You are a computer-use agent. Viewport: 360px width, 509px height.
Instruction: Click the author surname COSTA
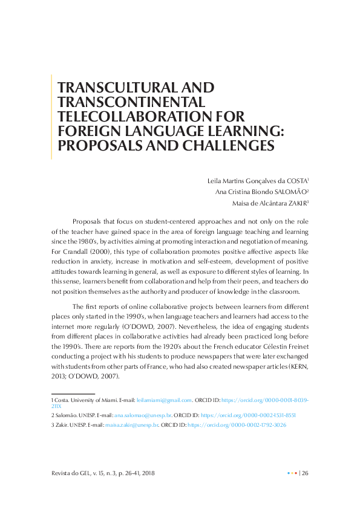click(x=295, y=180)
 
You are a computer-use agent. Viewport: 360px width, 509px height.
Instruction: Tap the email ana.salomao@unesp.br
click(x=143, y=416)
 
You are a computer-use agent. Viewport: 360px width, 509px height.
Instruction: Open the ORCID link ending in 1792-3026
click(x=237, y=426)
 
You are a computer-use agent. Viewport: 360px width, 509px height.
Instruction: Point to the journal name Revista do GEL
click(x=70, y=473)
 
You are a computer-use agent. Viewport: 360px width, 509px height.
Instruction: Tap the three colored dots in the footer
click(x=292, y=473)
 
